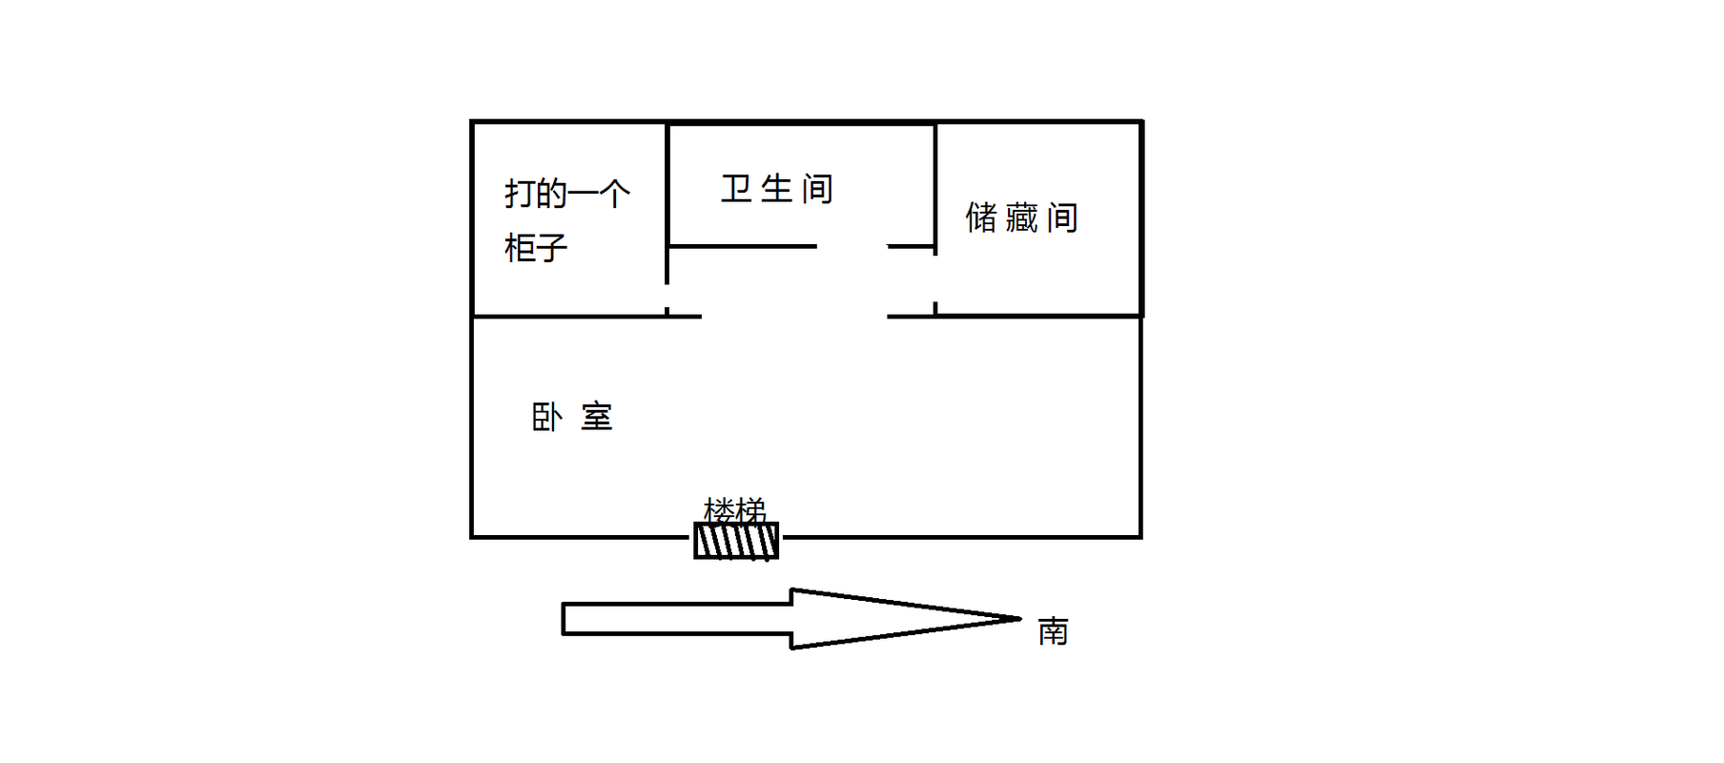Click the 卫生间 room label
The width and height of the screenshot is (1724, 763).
[777, 189]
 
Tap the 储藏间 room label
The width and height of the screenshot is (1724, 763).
[1022, 217]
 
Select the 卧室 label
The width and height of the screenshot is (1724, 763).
[572, 417]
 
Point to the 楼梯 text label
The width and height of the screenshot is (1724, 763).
[735, 510]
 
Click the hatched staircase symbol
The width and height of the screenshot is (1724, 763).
[736, 541]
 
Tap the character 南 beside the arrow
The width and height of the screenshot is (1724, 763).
[1054, 630]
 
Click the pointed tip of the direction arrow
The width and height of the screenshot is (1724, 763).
[1021, 619]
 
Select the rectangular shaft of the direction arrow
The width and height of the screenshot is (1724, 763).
[677, 619]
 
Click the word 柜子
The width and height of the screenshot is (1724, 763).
[536, 248]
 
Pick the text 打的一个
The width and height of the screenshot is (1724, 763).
[567, 194]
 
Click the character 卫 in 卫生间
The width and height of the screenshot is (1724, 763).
[736, 189]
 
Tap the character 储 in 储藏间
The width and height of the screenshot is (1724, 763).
[981, 217]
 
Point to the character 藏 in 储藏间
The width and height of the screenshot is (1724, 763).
[1021, 217]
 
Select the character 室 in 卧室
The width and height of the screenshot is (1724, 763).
[597, 417]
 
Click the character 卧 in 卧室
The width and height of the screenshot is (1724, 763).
[546, 417]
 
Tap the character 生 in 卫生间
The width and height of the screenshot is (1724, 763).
[777, 189]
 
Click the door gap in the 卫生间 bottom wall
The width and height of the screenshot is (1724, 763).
[852, 246]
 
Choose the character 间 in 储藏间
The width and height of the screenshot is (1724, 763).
[1063, 217]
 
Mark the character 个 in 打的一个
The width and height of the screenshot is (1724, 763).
[615, 194]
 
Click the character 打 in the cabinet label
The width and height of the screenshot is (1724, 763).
[520, 194]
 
